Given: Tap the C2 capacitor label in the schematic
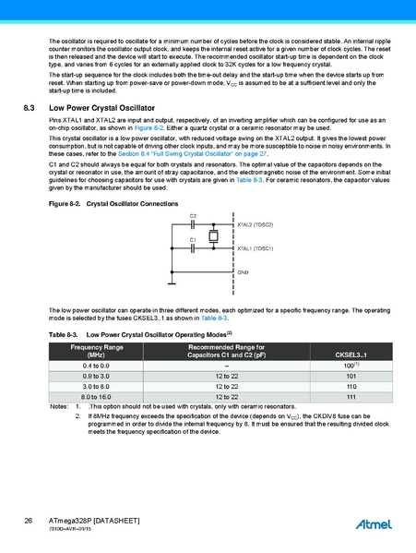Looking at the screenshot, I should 193,216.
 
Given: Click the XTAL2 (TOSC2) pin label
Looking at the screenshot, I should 255,224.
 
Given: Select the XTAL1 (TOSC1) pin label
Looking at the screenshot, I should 255,248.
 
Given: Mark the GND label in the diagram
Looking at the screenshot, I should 243,272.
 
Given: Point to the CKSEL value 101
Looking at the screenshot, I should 351,377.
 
